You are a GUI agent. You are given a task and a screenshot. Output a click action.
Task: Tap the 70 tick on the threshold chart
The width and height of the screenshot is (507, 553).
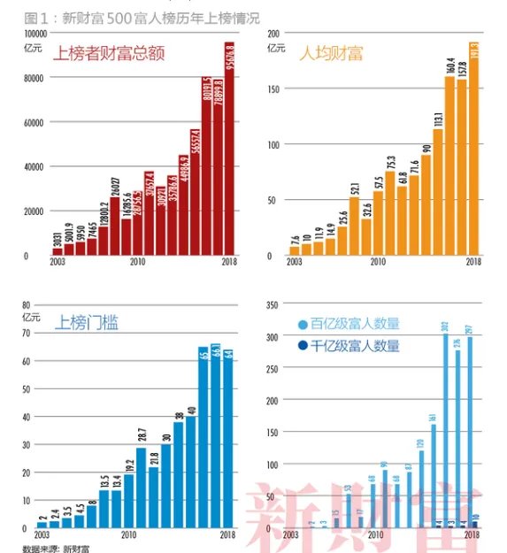click(37, 334)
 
